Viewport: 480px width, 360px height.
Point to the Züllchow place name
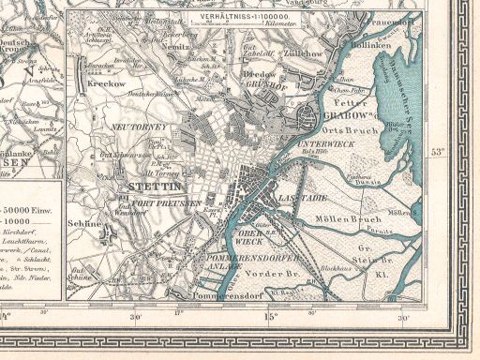(305, 55)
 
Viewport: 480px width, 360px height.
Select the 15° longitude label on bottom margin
(271, 316)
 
